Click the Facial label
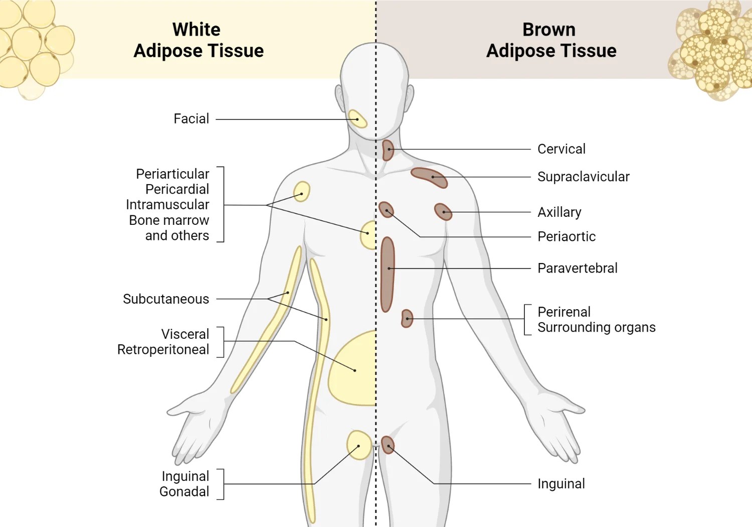coord(191,119)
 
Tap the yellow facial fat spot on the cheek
coord(357,119)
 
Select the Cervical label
coord(561,149)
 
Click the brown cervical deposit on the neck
coord(388,150)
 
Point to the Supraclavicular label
coord(583,177)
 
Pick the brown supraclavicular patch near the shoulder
coord(429,177)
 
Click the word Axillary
coord(559,212)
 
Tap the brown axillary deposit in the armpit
coord(443,212)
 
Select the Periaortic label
coord(567,236)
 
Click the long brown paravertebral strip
coord(387,274)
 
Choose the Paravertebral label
coord(577,268)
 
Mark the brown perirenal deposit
coord(407,319)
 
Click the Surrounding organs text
coord(596,327)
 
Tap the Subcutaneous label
coord(166,299)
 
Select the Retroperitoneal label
coord(163,349)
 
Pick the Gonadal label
coord(184,491)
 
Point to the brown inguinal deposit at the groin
coord(388,445)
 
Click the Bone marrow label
coord(169,220)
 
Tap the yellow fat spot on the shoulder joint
coord(301,192)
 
